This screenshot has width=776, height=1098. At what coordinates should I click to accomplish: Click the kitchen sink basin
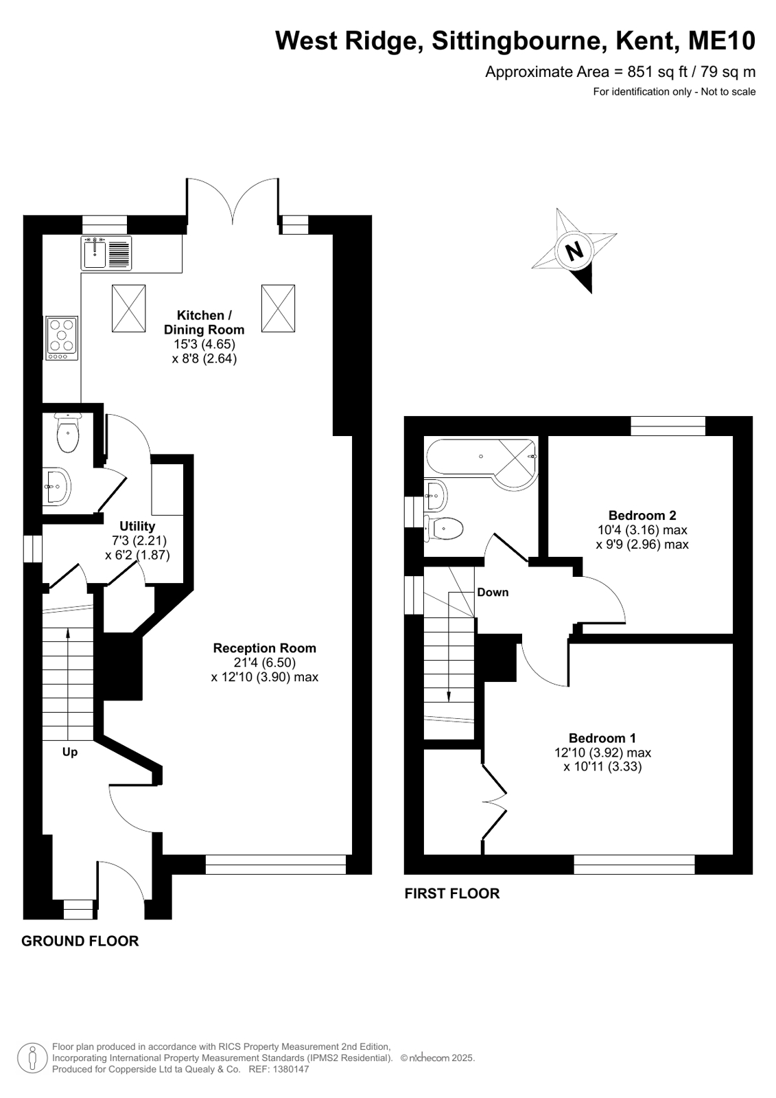point(95,253)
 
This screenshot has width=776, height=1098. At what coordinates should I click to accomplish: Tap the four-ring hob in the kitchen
point(62,338)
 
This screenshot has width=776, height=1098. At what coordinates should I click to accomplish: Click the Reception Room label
point(265,648)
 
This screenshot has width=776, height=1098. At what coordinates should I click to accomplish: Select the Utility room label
point(137,526)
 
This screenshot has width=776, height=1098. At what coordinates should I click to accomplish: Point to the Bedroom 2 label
point(642,515)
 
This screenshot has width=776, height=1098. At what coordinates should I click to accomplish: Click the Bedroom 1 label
point(602,737)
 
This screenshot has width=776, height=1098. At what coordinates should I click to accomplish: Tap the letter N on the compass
point(575,251)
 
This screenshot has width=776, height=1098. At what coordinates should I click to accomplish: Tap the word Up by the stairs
point(69,752)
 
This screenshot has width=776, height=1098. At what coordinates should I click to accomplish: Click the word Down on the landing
point(493,592)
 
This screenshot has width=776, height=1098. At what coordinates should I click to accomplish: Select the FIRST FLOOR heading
point(452,893)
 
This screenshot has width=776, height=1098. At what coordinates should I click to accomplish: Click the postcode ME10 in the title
point(722,41)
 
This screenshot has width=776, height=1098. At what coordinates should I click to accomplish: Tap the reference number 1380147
point(292,1069)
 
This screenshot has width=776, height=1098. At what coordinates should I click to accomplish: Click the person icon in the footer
point(33,1057)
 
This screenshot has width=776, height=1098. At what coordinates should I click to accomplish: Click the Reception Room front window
point(276,865)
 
